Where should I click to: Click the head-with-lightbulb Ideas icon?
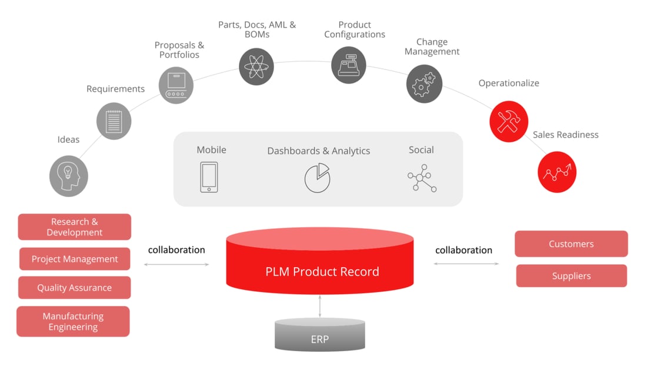69,175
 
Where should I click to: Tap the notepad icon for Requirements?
114,121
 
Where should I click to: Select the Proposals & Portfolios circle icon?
176,86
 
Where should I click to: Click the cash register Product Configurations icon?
348,65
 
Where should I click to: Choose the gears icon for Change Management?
424,84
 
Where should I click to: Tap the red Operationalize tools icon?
509,121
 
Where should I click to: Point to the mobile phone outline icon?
209,177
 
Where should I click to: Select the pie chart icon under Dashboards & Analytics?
318,177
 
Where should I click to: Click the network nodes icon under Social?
422,178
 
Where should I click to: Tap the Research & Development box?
75,227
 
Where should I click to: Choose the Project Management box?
75,259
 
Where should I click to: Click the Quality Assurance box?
75,288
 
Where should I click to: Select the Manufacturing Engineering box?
73,321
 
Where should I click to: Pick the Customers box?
571,244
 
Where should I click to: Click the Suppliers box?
571,276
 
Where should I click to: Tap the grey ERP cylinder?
320,335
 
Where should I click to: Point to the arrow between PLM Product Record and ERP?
320,307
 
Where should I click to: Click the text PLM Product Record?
322,271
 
